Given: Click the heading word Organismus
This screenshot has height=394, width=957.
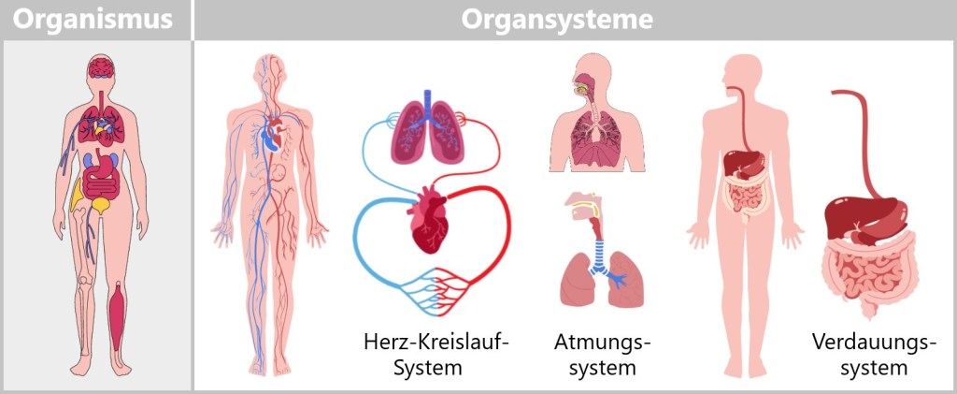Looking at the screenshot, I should tap(94, 20).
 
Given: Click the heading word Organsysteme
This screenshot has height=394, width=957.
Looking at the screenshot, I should tap(557, 20).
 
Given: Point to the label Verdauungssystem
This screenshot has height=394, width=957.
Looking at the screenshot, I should tap(874, 355).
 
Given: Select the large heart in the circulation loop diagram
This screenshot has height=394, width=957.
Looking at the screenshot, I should tap(429, 218).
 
